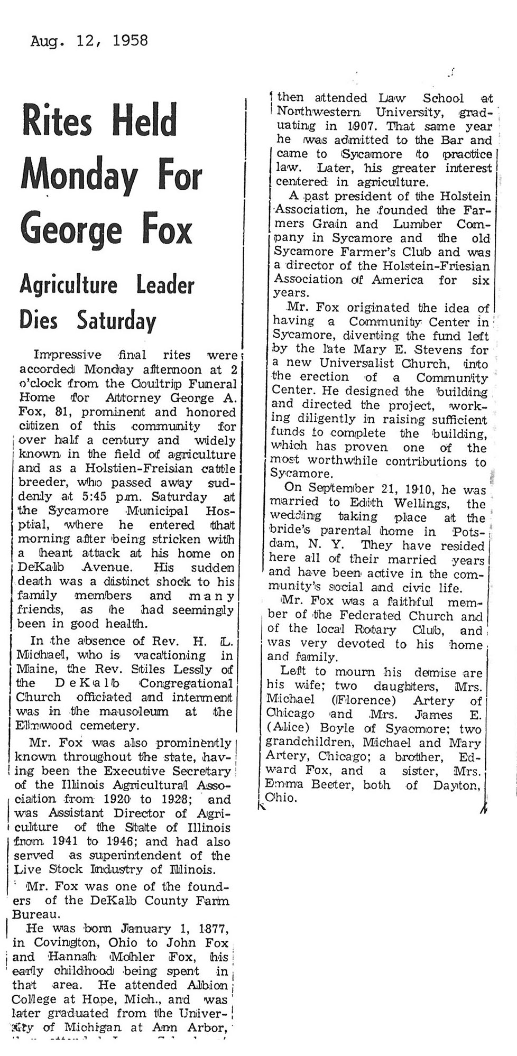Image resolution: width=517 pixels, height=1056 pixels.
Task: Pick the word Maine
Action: (38, 669)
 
